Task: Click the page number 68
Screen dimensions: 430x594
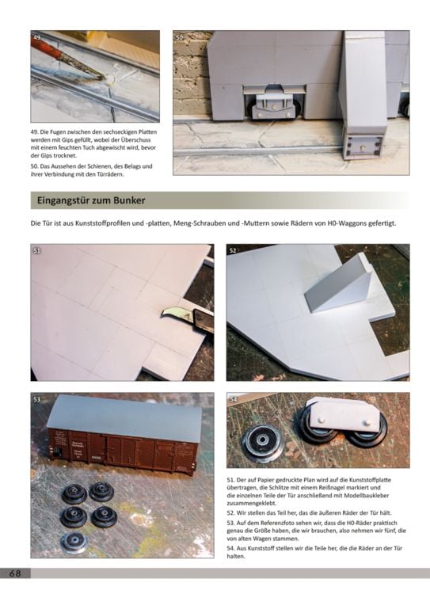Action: (x=15, y=573)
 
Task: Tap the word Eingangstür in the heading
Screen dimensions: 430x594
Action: (x=59, y=201)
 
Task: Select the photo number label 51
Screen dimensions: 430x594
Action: (x=36, y=250)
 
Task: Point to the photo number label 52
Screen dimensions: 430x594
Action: (x=233, y=250)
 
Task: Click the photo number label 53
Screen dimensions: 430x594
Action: (x=36, y=399)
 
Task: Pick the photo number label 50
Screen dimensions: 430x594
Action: (x=180, y=37)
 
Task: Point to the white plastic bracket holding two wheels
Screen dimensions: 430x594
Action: (x=344, y=414)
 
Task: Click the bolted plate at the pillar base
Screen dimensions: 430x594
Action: (x=364, y=146)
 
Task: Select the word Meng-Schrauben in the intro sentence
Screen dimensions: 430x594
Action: (x=199, y=224)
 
